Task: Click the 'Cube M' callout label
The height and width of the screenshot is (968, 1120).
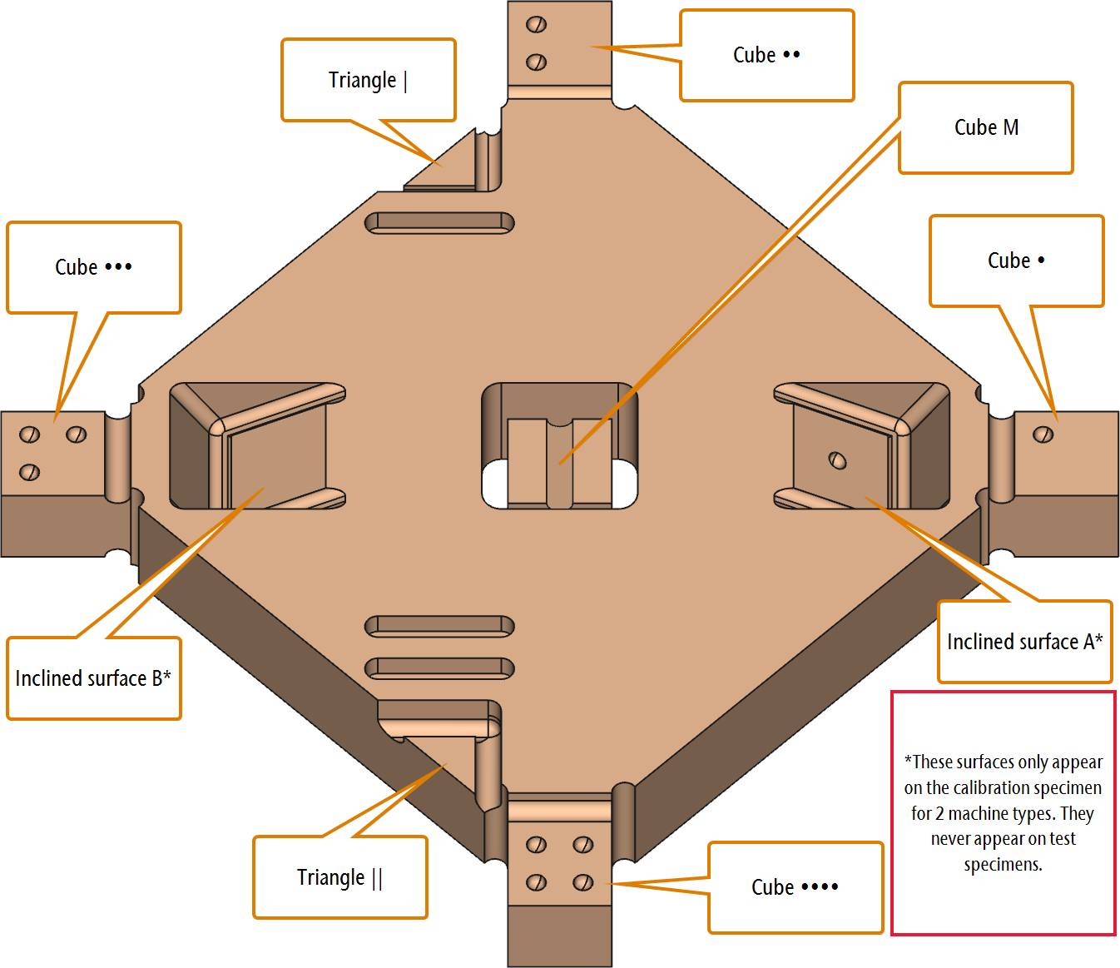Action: click(x=986, y=128)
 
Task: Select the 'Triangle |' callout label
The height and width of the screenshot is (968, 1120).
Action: click(x=368, y=80)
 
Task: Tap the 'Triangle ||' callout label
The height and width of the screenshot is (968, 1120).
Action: click(x=339, y=877)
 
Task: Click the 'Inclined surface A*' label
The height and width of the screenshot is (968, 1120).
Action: click(x=1024, y=642)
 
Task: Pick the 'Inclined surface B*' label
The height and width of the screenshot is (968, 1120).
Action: click(x=93, y=678)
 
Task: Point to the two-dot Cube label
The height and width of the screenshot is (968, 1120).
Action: click(x=766, y=55)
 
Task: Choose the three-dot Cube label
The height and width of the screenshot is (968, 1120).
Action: click(x=94, y=267)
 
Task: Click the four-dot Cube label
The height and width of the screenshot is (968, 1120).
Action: click(x=795, y=887)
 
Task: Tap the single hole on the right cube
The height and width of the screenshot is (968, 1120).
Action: click(x=1043, y=434)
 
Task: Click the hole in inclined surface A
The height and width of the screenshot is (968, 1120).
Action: click(x=837, y=460)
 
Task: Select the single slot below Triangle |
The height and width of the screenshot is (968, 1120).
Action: click(x=439, y=223)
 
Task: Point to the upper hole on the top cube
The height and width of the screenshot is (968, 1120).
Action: click(x=536, y=24)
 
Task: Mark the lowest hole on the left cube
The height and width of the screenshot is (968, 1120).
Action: click(x=29, y=472)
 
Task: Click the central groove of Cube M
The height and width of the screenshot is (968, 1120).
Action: click(x=559, y=465)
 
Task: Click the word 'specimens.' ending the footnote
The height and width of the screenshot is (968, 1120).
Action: click(x=1003, y=865)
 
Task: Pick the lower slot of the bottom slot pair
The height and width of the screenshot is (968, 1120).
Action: click(x=439, y=668)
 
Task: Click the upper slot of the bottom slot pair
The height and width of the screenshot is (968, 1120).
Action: click(x=439, y=626)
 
